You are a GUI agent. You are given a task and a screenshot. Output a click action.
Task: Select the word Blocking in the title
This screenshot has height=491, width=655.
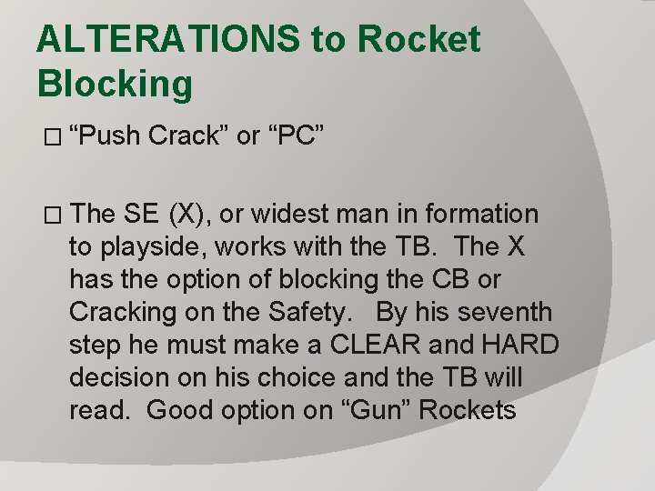click(x=116, y=84)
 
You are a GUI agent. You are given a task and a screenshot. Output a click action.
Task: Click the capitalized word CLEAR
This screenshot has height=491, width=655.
click(x=364, y=346)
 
